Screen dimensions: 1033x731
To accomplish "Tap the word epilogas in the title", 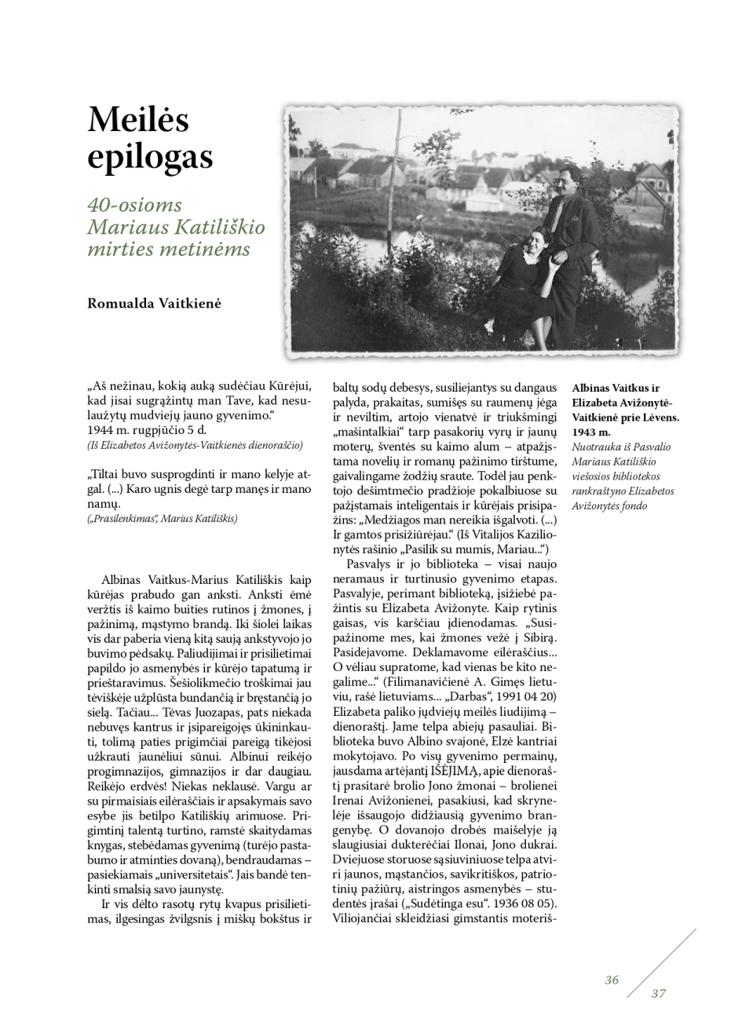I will point(149,157).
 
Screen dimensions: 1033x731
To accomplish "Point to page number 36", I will point(612,980).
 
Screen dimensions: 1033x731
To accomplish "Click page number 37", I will point(658,994).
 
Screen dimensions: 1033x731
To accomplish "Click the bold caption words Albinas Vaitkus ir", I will point(616,389).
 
